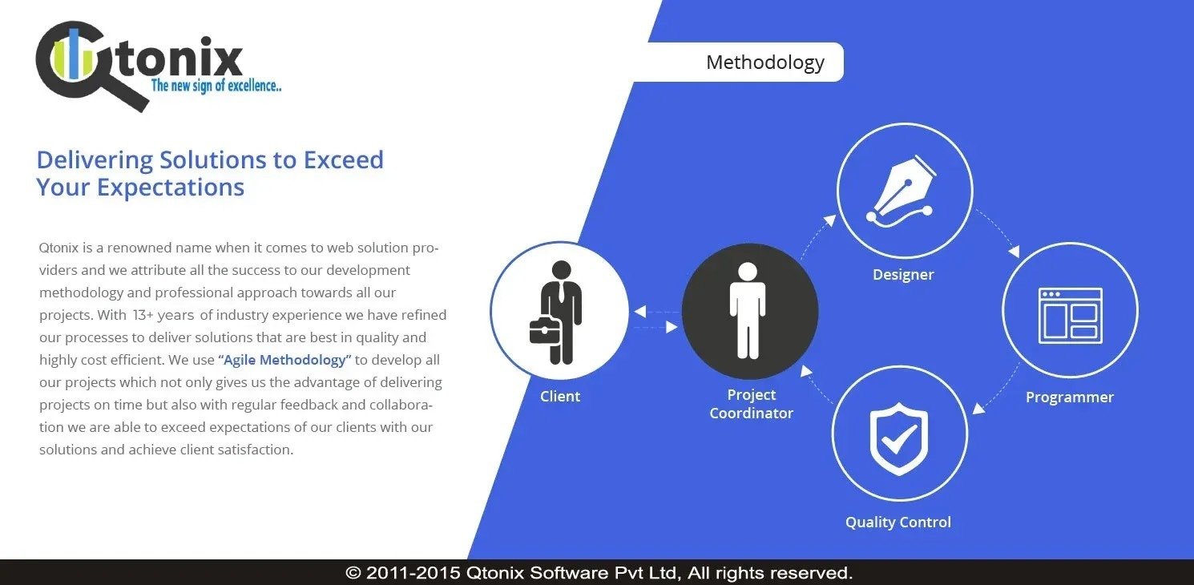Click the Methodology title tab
(x=765, y=62)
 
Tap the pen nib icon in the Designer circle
(x=902, y=191)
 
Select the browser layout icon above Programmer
(x=1071, y=316)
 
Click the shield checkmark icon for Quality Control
(x=899, y=438)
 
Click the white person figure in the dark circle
(x=748, y=310)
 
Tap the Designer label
(x=903, y=275)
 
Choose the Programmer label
(x=1069, y=397)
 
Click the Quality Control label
(x=898, y=522)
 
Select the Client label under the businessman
(x=559, y=396)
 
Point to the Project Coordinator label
(x=751, y=404)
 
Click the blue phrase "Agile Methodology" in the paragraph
(x=284, y=360)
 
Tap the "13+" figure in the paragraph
(x=143, y=315)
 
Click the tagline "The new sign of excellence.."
(x=216, y=85)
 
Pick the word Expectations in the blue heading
(x=170, y=188)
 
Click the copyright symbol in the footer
(x=353, y=573)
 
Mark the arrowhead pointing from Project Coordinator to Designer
(x=830, y=220)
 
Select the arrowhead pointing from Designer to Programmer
(x=1014, y=251)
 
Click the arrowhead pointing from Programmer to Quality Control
(x=978, y=409)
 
